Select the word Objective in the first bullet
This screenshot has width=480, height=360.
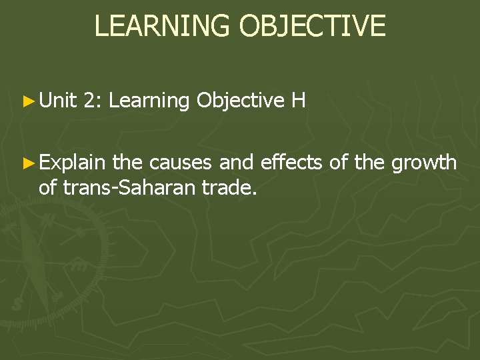[x=241, y=101]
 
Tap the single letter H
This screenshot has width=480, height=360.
[x=298, y=101]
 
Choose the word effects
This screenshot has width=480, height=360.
[x=289, y=162]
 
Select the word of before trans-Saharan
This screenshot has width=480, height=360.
[x=49, y=187]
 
